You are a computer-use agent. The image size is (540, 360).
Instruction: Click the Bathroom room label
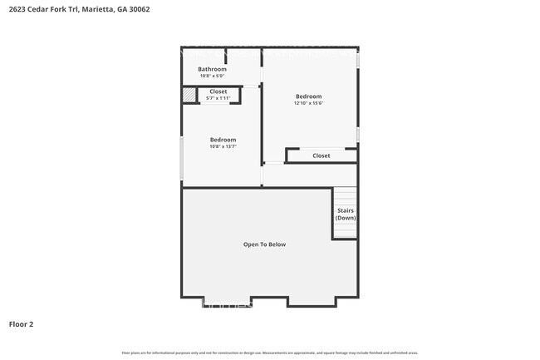(x=218, y=69)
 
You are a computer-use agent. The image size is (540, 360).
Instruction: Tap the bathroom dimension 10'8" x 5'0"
(x=218, y=76)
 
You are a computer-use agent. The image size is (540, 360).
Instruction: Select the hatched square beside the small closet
(x=189, y=96)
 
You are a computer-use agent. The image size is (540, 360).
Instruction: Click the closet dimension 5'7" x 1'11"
(x=218, y=98)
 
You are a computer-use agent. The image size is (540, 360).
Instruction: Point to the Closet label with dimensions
(x=218, y=91)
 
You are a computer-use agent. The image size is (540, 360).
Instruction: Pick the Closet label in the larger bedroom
(x=321, y=155)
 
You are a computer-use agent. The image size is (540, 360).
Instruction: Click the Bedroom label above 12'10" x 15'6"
(x=308, y=96)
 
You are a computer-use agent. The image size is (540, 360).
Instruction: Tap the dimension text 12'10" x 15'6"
(x=308, y=104)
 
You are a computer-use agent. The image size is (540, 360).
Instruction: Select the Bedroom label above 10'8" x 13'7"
(x=223, y=140)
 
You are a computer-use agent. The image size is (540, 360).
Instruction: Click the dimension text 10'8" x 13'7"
(x=223, y=147)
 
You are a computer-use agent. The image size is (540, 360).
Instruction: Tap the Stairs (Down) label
(x=345, y=214)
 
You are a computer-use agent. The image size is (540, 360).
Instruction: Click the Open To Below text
(x=264, y=244)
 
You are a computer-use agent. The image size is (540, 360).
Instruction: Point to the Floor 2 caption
(x=21, y=323)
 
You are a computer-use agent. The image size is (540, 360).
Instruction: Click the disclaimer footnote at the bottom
(x=270, y=353)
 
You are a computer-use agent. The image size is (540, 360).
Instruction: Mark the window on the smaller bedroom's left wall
(x=182, y=157)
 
